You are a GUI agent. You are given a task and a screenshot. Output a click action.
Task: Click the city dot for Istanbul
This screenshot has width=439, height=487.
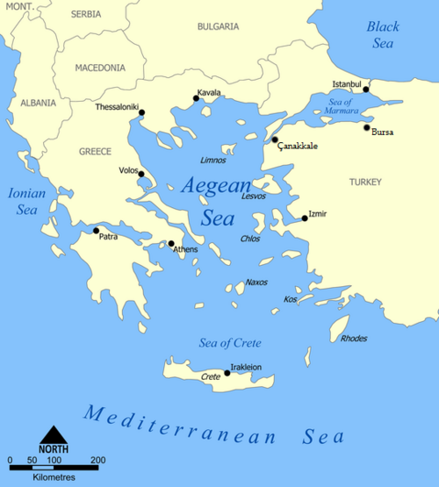coord(366,90)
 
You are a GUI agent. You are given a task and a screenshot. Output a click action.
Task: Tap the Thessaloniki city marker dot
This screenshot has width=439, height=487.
coord(141,112)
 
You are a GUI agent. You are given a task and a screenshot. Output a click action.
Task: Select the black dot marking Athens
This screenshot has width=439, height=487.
coord(171,243)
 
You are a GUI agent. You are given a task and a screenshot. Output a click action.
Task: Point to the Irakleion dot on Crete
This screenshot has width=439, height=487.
coord(227,373)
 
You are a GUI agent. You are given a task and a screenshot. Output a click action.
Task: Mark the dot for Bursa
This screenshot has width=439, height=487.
coord(367,128)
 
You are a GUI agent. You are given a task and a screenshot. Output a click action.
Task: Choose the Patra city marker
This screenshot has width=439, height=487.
coord(96,231)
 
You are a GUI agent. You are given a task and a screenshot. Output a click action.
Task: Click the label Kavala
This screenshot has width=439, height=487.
coord(209,92)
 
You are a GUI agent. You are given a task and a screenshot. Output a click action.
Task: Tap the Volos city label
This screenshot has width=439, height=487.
coord(128,170)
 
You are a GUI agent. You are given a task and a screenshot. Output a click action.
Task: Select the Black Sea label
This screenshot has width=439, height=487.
coord(383,34)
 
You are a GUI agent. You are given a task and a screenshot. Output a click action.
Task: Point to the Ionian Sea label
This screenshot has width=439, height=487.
coord(25,201)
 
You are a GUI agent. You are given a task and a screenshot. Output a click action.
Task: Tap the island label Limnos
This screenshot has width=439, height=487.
coord(213,161)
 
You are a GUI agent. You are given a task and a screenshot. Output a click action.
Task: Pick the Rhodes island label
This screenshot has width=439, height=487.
coord(354,339)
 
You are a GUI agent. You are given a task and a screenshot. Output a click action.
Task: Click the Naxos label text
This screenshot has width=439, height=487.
coord(256,282)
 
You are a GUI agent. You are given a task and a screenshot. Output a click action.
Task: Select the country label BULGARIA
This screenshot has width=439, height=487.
coord(217,27)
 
